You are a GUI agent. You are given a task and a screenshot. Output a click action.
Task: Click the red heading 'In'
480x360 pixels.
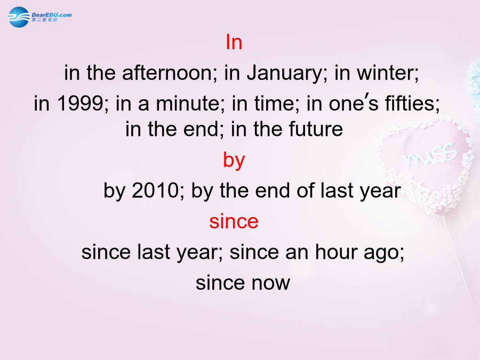click(x=234, y=42)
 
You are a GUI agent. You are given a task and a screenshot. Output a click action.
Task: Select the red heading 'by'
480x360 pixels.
click(x=234, y=161)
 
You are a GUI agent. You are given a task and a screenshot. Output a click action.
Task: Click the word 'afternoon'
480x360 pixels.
click(x=167, y=73)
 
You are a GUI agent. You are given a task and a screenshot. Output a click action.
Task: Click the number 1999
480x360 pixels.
click(x=80, y=103)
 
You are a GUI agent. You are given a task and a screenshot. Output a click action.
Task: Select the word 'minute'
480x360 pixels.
click(x=188, y=103)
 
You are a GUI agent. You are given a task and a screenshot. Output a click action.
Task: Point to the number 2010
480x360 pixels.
click(x=155, y=190)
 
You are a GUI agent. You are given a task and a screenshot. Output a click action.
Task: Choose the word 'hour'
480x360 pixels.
click(x=337, y=252)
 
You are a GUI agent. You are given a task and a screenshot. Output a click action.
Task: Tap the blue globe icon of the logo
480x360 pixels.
click(x=19, y=17)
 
